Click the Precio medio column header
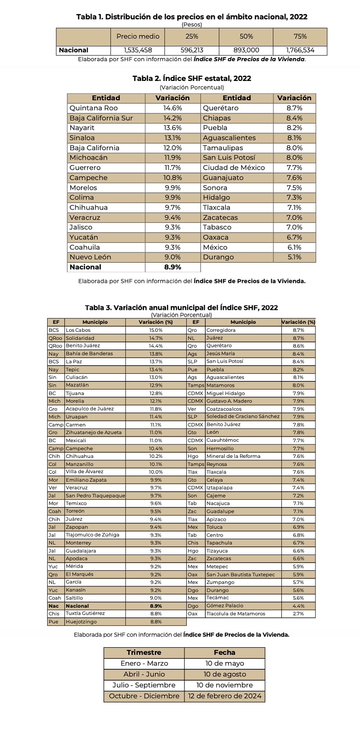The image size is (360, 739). click(x=137, y=36)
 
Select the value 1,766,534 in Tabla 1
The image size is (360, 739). click(x=300, y=50)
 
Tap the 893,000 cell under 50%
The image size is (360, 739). click(x=246, y=50)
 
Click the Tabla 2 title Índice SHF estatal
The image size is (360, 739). click(x=192, y=78)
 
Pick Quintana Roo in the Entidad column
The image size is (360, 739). click(x=93, y=108)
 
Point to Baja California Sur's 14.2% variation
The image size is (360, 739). click(x=172, y=118)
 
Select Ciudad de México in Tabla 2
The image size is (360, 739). click(x=234, y=168)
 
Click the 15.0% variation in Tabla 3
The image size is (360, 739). click(x=156, y=330)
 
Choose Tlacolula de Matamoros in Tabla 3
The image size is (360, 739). click(x=236, y=614)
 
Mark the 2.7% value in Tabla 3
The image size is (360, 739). click(x=298, y=614)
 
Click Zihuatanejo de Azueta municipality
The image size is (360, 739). click(x=90, y=432)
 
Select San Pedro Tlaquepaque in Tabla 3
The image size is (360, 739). click(x=95, y=495)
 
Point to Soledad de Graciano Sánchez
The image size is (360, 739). click(x=243, y=417)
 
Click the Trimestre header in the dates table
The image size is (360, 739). click(x=144, y=652)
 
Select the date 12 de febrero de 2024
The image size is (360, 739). click(x=224, y=696)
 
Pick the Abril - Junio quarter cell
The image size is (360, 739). click(x=144, y=674)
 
